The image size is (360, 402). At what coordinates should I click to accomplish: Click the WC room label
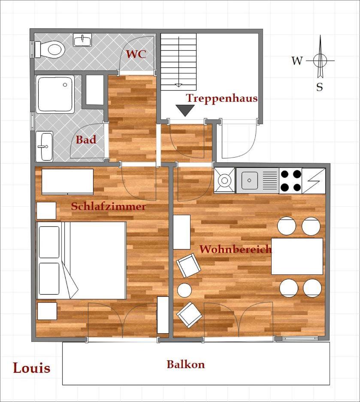tap(136, 54)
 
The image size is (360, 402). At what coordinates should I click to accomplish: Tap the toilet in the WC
tap(50, 49)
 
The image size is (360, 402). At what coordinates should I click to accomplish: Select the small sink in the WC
tap(82, 40)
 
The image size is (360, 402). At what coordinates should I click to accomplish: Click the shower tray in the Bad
tap(55, 94)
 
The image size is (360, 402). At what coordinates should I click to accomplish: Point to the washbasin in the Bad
tap(44, 146)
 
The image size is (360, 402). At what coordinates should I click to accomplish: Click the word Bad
tap(86, 140)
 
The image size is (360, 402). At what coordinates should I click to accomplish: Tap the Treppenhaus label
tap(222, 98)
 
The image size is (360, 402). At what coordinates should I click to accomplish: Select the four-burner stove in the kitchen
tap(290, 181)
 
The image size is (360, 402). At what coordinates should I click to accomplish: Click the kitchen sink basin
tap(250, 180)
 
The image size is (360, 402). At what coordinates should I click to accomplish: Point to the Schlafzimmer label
tap(109, 207)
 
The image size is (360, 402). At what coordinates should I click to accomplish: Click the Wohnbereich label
tap(235, 249)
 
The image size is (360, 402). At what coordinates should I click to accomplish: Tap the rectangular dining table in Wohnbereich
tap(297, 256)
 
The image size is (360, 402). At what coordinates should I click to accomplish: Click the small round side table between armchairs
tap(185, 290)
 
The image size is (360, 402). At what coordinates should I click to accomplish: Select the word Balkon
tap(186, 364)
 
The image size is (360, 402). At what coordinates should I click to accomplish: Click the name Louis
tap(31, 368)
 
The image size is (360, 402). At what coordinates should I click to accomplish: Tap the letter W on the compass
tap(297, 61)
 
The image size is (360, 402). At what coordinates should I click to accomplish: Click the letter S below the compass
tap(320, 87)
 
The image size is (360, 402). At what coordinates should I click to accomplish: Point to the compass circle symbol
tap(320, 61)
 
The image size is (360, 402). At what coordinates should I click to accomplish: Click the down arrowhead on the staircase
tap(178, 85)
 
